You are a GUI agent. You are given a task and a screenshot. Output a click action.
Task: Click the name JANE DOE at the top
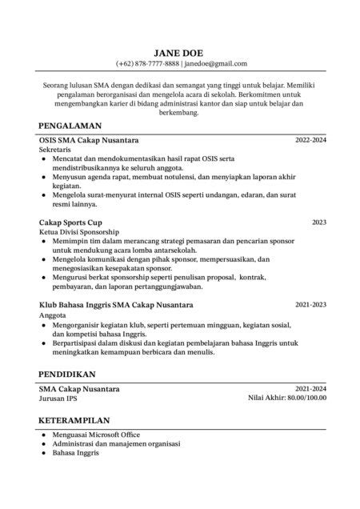point(181,51)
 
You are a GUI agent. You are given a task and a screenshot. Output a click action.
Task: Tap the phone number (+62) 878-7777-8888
point(147,63)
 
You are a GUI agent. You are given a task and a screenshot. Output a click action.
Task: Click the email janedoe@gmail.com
point(216,63)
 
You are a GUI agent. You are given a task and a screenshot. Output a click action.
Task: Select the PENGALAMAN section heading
point(70,125)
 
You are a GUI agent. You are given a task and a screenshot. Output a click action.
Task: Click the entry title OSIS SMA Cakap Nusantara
point(88,140)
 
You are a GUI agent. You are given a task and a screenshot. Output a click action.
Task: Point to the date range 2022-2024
point(310,140)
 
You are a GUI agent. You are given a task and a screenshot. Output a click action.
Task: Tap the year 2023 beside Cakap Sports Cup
point(318,222)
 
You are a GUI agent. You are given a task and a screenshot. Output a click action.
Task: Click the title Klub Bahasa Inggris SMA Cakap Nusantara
point(115,305)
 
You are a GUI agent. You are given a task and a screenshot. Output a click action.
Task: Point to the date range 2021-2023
point(310,305)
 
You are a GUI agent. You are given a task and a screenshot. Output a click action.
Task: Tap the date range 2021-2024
point(310,388)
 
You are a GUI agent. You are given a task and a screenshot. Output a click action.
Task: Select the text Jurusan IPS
point(58,398)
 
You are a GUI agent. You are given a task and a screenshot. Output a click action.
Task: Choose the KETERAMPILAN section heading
point(74,419)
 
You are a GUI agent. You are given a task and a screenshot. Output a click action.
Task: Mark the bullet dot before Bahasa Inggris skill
point(43,453)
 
